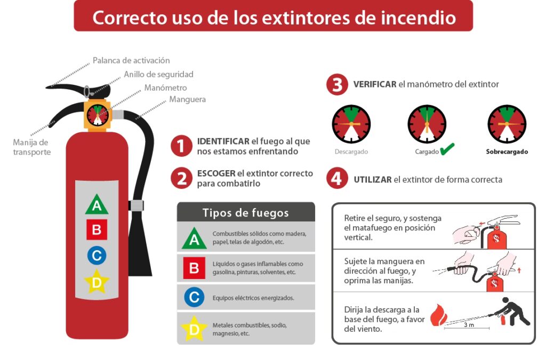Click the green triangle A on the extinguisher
click(97, 205)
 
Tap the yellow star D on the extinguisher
click(97, 282)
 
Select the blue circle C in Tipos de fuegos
click(194, 297)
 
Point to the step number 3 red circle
click(337, 85)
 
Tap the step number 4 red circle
click(337, 179)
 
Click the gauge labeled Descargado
click(351, 124)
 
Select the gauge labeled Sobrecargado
click(507, 124)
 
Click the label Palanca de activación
click(131, 61)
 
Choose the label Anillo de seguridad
click(158, 75)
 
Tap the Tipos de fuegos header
click(246, 213)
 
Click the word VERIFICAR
click(374, 84)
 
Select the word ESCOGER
click(216, 174)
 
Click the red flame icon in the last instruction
click(438, 315)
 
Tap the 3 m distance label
click(469, 325)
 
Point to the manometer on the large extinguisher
click(97, 114)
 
